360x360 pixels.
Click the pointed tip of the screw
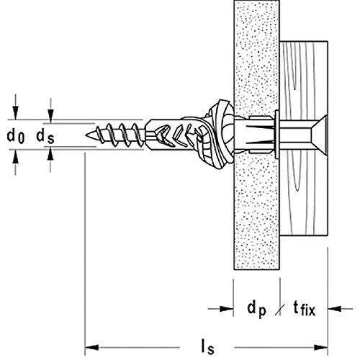[x=88, y=133]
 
